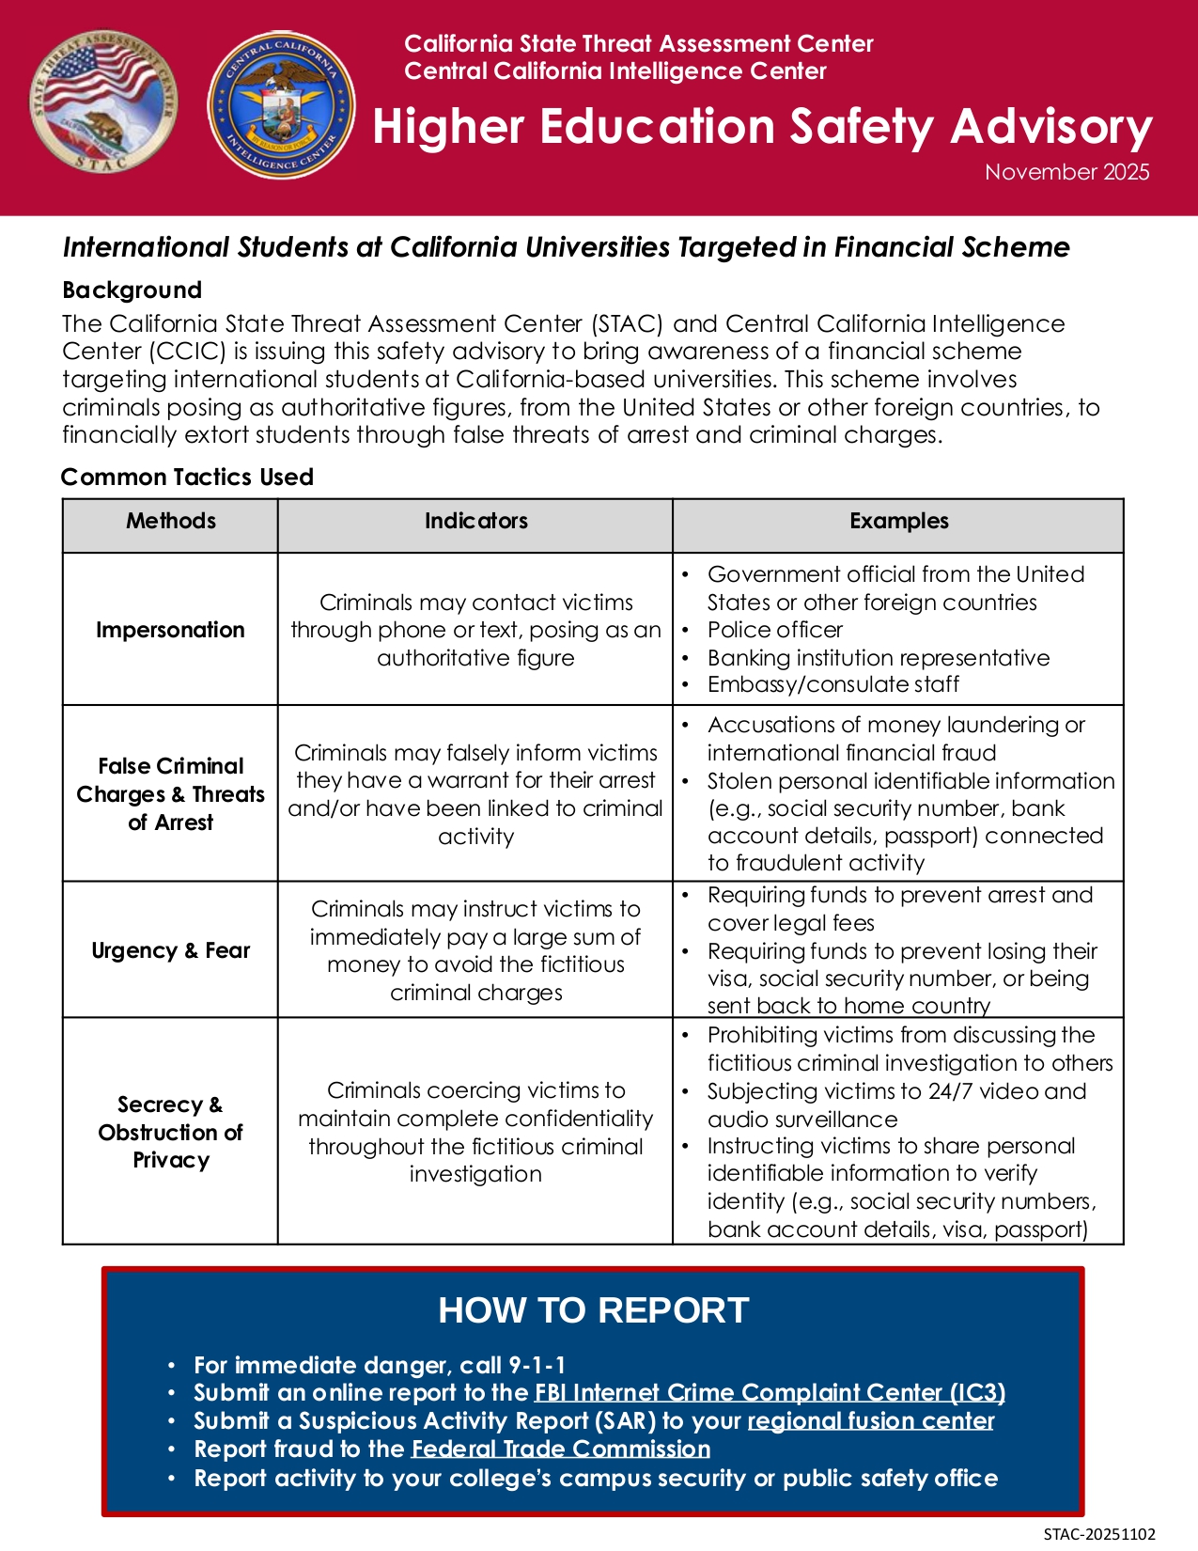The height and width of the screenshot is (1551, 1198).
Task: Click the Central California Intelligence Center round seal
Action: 282,105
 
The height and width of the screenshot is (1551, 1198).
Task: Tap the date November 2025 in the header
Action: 1066,172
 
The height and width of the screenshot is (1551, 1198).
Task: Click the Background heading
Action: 132,290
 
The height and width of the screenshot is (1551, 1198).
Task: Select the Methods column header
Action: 171,521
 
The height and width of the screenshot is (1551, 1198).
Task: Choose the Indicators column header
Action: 475,521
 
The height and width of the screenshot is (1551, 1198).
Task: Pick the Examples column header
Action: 898,521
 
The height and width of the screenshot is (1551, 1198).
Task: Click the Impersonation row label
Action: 170,630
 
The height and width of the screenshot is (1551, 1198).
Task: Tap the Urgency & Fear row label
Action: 171,950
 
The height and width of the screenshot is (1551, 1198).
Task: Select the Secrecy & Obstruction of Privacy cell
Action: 170,1132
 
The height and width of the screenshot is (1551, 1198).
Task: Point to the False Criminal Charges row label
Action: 170,793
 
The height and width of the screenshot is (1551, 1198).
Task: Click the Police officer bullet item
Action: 774,630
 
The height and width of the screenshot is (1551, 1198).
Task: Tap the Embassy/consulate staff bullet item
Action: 832,684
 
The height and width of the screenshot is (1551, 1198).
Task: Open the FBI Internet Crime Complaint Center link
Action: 770,1393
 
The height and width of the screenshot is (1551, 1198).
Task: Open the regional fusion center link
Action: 870,1421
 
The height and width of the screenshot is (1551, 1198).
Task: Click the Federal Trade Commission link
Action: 560,1449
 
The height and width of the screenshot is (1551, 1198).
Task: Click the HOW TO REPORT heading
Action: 593,1310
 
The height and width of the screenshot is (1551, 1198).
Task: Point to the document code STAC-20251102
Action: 1099,1534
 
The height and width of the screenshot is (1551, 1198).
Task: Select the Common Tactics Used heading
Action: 187,477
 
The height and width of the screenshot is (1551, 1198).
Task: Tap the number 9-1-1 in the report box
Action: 537,1365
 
